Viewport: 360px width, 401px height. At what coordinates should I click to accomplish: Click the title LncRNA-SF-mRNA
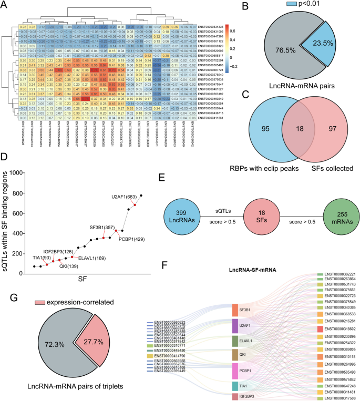click(253, 270)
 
